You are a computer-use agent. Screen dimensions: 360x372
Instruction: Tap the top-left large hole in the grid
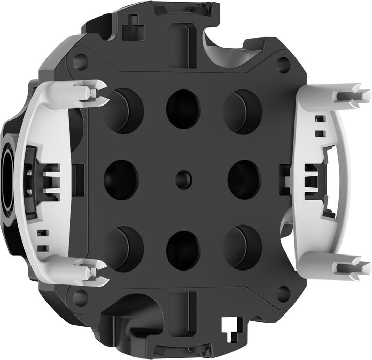pyautogui.click(x=123, y=110)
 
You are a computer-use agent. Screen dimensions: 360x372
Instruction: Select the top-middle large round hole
pyautogui.click(x=183, y=109)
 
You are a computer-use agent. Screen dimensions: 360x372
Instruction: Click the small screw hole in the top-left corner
pyautogui.click(x=80, y=63)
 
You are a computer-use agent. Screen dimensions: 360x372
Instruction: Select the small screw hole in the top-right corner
pyautogui.click(x=283, y=65)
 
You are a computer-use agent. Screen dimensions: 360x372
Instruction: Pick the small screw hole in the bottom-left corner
pyautogui.click(x=80, y=297)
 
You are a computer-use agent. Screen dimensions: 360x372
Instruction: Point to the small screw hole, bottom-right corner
pyautogui.click(x=283, y=294)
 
